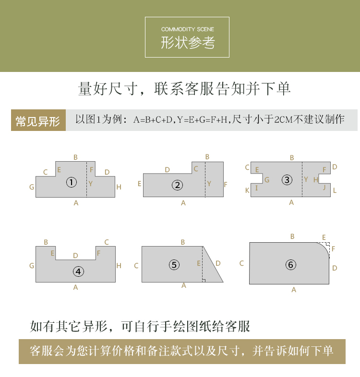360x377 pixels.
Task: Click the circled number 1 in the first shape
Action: pyautogui.click(x=72, y=182)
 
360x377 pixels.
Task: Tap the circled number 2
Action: pyautogui.click(x=177, y=185)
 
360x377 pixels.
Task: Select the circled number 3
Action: pyautogui.click(x=287, y=180)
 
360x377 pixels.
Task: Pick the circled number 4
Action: pyautogui.click(x=78, y=271)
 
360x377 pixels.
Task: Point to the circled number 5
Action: pyautogui.click(x=174, y=265)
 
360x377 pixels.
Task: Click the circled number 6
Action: pyautogui.click(x=291, y=265)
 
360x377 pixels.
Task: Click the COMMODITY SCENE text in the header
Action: pyautogui.click(x=188, y=29)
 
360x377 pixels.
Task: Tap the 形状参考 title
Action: pyautogui.click(x=188, y=43)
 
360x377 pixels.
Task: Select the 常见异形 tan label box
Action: pyautogui.click(x=38, y=120)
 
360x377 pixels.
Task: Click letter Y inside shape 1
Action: pyautogui.click(x=91, y=184)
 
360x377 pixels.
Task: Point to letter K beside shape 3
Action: pyautogui.click(x=247, y=190)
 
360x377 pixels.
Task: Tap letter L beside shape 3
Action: pyautogui.click(x=335, y=191)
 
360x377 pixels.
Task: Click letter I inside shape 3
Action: pyautogui.click(x=256, y=188)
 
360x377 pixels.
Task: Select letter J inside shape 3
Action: pyautogui.click(x=324, y=187)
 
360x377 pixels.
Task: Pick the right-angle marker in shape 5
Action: pyautogui.click(x=204, y=281)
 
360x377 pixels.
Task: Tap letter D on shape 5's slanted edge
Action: pyautogui.click(x=218, y=263)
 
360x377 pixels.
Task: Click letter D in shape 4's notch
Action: pyautogui.click(x=75, y=256)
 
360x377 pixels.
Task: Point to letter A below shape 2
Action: pyautogui.click(x=183, y=203)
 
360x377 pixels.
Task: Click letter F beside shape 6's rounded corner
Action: pyautogui.click(x=333, y=248)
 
